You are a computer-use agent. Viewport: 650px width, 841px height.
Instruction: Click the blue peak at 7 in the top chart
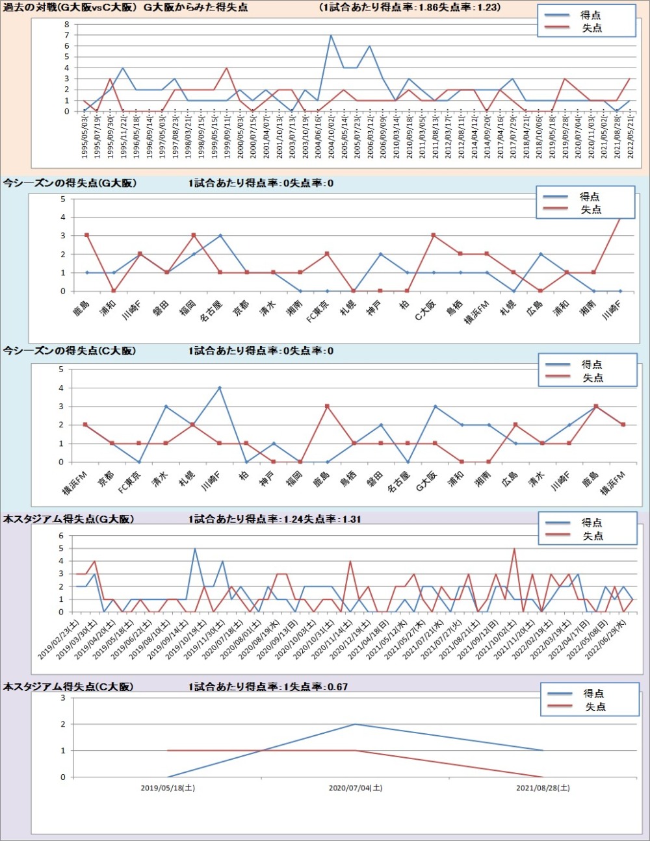(x=331, y=36)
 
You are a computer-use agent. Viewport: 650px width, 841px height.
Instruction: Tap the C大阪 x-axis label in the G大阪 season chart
(x=426, y=311)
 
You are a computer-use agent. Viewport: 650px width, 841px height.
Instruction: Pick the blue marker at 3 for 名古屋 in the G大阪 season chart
(x=220, y=236)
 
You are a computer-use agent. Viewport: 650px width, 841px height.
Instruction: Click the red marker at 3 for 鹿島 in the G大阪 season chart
(x=86, y=235)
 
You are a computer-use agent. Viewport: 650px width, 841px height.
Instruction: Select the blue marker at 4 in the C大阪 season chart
(x=220, y=388)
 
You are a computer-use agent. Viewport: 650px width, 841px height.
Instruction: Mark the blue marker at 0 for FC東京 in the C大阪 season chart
(x=139, y=462)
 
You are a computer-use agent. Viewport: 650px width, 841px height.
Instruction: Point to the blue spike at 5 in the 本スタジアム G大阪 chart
(x=195, y=549)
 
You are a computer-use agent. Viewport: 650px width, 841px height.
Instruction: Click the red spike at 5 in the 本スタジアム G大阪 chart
(x=514, y=549)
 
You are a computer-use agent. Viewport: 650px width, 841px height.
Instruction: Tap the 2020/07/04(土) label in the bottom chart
(x=355, y=788)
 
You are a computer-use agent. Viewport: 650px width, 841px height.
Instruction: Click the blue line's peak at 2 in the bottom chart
(x=355, y=724)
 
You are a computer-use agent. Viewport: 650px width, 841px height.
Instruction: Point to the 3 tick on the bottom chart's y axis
(x=63, y=698)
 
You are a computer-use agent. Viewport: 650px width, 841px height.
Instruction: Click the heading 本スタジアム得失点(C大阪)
(x=68, y=686)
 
